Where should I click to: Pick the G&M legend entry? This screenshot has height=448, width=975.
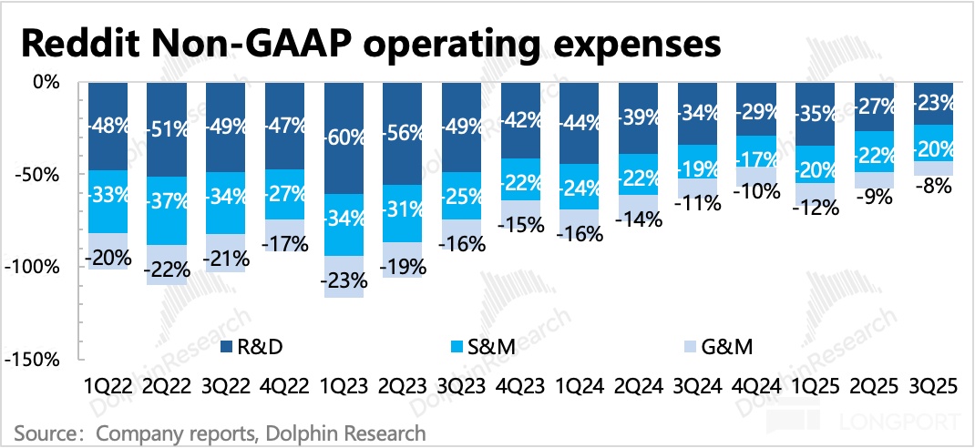coord(718,346)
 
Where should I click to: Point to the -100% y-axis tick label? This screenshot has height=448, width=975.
coord(34,267)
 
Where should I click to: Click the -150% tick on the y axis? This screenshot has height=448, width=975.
coord(34,360)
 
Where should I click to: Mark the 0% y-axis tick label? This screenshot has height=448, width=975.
coord(46,82)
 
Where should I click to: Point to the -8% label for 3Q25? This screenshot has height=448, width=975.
coord(932,186)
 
